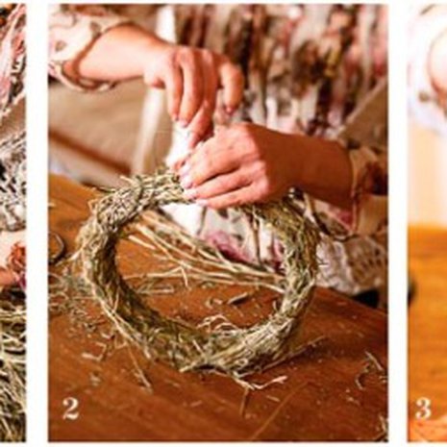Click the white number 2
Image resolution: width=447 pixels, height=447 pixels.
[x=70, y=409]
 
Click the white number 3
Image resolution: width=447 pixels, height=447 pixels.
[x=424, y=409]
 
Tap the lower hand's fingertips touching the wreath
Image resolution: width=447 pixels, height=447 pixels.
[x=189, y=186]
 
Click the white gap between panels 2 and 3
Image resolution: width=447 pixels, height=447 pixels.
[x=397, y=224]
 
